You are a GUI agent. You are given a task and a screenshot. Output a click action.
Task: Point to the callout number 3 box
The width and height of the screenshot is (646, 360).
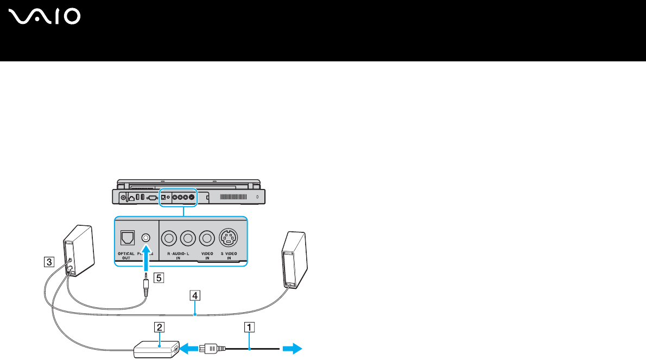tap(49, 262)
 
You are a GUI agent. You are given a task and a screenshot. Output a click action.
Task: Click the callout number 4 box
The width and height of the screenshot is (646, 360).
tap(194, 295)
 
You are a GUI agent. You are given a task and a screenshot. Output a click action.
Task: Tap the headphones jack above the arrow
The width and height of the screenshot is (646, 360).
tap(145, 237)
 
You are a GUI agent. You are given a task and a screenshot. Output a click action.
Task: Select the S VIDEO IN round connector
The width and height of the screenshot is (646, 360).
tap(228, 237)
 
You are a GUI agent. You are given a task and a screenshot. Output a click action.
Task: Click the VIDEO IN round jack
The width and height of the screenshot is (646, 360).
tap(206, 237)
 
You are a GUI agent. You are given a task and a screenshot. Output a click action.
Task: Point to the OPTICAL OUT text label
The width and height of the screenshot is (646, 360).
tap(126, 256)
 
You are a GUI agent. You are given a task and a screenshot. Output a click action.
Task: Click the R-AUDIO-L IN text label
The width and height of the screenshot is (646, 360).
tap(179, 256)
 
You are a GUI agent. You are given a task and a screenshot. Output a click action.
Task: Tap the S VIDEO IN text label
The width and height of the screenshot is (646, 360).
tap(228, 256)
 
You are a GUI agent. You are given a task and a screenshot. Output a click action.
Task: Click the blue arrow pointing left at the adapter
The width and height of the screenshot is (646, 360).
tap(189, 348)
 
